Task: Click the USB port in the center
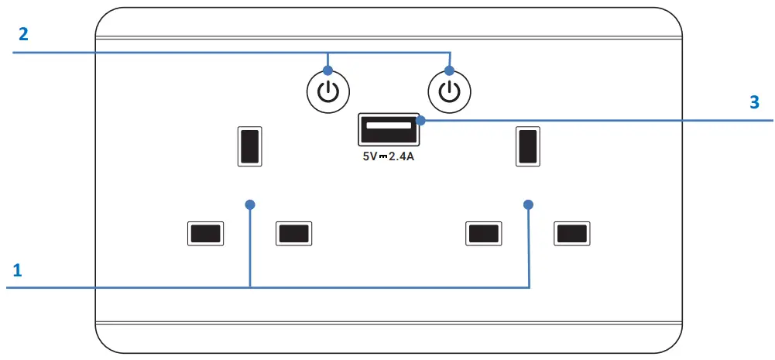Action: pyautogui.click(x=388, y=129)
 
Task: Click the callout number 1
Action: pyautogui.click(x=17, y=270)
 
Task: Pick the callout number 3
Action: pyautogui.click(x=754, y=104)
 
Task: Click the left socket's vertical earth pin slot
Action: pyautogui.click(x=249, y=146)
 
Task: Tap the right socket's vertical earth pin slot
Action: pyautogui.click(x=527, y=146)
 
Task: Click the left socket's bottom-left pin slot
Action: pyautogui.click(x=205, y=234)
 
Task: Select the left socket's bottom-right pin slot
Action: pyautogui.click(x=294, y=234)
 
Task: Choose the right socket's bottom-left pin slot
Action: pyautogui.click(x=483, y=234)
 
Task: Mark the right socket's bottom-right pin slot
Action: pyautogui.click(x=571, y=234)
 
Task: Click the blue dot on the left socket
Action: pyautogui.click(x=249, y=204)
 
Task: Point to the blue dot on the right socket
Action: pyautogui.click(x=529, y=204)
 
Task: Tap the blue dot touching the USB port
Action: pyautogui.click(x=420, y=120)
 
